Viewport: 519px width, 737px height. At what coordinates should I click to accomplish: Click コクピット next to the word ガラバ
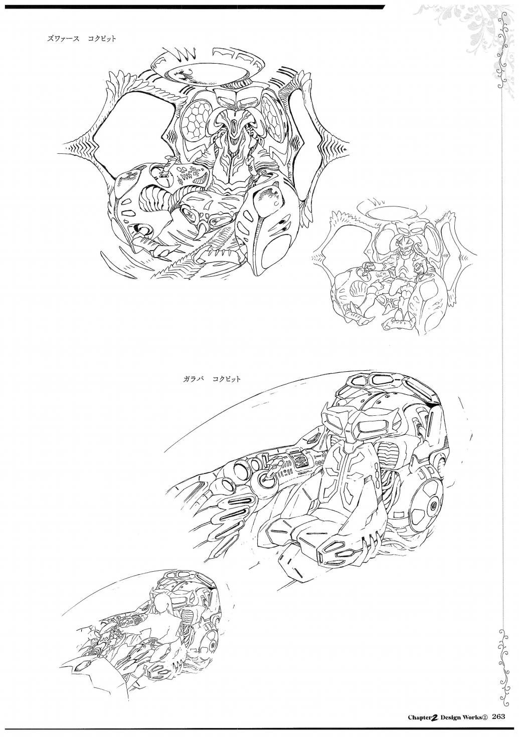pos(226,379)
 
